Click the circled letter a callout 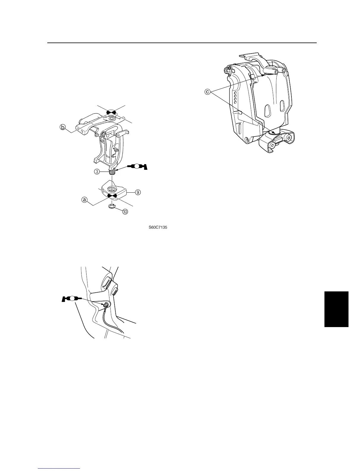pyautogui.click(x=84, y=200)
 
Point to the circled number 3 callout pyautogui.click(x=97, y=171)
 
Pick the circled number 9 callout pyautogui.click(x=138, y=192)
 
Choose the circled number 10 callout pyautogui.click(x=125, y=212)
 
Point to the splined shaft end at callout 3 pyautogui.click(x=112, y=172)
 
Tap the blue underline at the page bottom pyautogui.click(x=59, y=468)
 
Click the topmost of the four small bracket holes pyautogui.click(x=235, y=93)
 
